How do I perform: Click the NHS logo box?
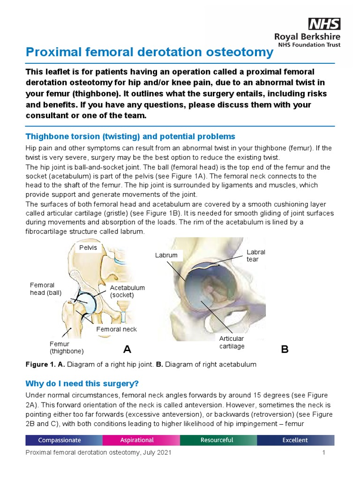tap(324, 24)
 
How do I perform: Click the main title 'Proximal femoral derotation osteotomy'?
tap(149, 52)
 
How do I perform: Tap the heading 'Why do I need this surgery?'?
tap(82, 383)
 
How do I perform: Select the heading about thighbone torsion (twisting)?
tap(130, 136)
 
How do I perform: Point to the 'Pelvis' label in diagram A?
tap(88, 247)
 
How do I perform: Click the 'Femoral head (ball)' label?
tap(43, 289)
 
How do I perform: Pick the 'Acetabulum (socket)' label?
tap(127, 291)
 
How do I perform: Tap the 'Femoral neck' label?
tap(116, 329)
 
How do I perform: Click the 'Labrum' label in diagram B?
tap(166, 255)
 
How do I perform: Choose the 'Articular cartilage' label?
tap(232, 342)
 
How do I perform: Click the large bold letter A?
tap(127, 349)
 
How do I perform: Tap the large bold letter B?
tap(285, 350)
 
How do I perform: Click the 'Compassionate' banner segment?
tap(60, 440)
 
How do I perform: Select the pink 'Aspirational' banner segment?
tap(137, 440)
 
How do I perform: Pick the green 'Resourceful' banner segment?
tap(217, 440)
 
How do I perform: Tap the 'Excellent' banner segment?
tap(295, 440)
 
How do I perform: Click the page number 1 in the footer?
tap(323, 453)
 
